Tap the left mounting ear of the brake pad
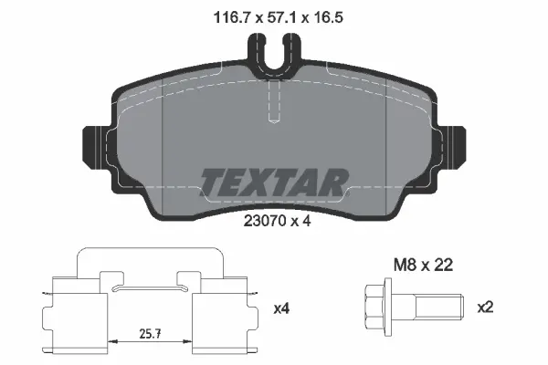click(x=96, y=146)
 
